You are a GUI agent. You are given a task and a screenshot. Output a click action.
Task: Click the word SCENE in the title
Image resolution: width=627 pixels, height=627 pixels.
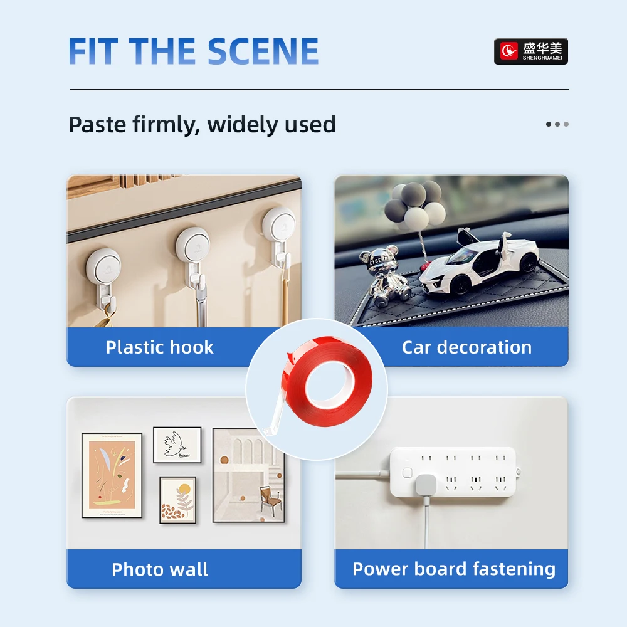coord(263,51)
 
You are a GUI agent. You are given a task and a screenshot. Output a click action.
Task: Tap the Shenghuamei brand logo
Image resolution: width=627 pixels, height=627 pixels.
coord(530,51)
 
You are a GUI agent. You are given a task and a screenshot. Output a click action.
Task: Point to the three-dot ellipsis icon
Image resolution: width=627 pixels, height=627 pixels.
coord(557,124)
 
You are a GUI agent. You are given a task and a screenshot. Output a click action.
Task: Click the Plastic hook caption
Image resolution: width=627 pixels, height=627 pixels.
coord(159,347)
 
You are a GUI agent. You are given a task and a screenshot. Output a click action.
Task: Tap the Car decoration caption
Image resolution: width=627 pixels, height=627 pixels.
coord(466,347)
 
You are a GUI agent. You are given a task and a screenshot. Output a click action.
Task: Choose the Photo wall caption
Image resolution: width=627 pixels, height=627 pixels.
coord(159,569)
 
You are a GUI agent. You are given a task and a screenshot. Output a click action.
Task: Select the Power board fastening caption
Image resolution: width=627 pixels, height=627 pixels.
coord(454,569)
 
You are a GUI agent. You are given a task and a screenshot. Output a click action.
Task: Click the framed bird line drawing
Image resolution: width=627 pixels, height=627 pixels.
coord(177,445)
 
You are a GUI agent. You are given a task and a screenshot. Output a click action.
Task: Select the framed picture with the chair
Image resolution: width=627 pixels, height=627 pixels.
coord(248,475)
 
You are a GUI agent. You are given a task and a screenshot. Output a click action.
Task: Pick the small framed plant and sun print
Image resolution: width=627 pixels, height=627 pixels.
coord(177,500)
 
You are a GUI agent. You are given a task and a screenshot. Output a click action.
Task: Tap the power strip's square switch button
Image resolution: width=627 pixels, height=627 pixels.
coord(407,473)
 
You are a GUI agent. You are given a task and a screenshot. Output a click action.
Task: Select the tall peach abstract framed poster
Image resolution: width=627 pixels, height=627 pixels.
coord(112,475)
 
